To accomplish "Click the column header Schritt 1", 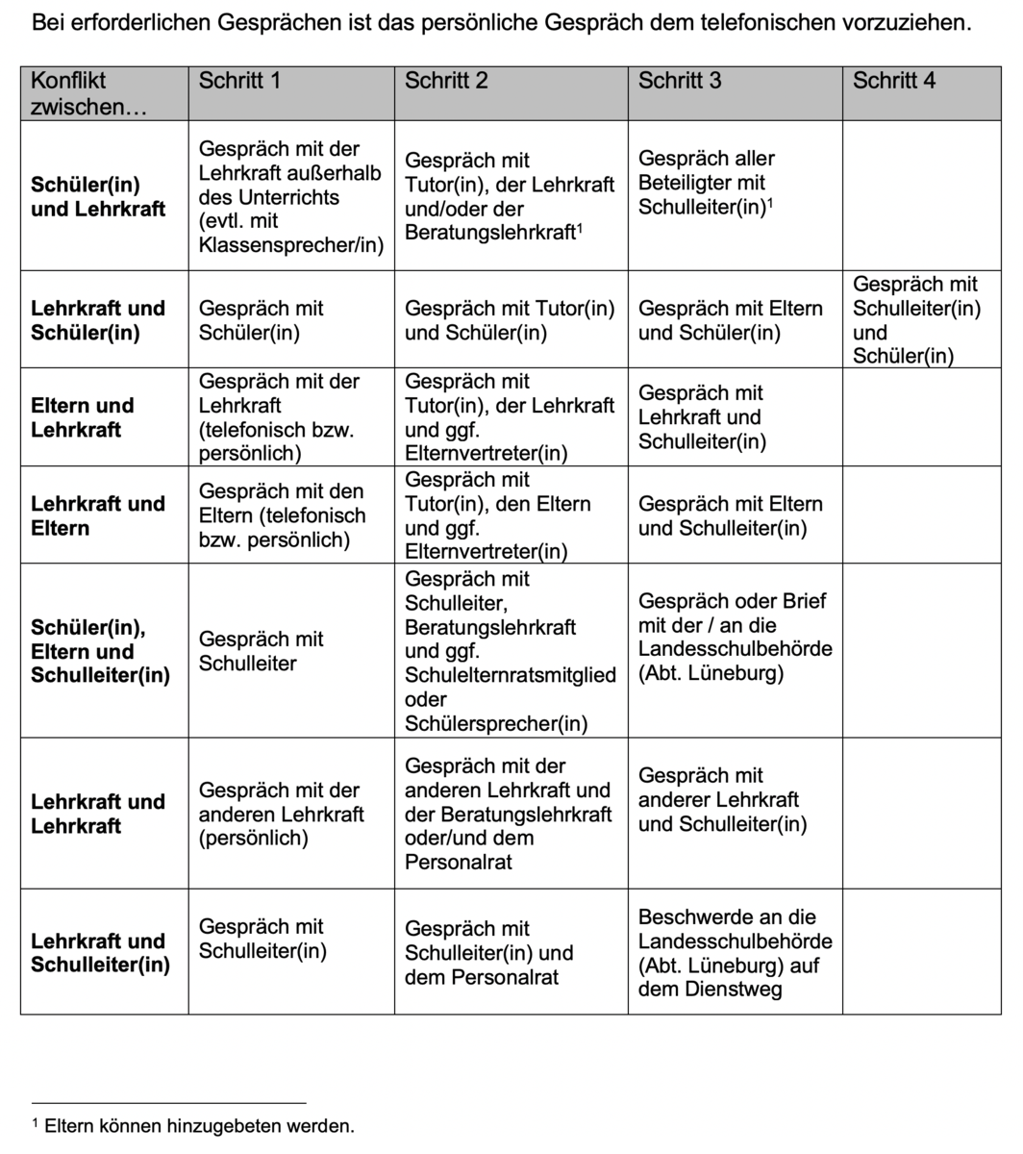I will (x=239, y=81).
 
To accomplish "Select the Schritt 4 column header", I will (x=893, y=81).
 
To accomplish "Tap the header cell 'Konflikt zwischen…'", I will (x=77, y=93).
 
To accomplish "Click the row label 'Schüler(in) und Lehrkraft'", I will (x=98, y=197).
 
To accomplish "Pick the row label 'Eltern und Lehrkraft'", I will (x=83, y=417).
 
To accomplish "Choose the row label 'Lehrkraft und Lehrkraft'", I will (x=98, y=814).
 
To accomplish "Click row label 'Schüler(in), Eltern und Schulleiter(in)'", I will (x=100, y=651).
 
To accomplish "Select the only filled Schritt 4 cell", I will (x=916, y=320).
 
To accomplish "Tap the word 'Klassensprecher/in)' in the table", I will (x=290, y=245).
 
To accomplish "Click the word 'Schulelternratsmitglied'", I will (x=510, y=676).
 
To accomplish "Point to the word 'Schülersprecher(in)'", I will (x=496, y=724).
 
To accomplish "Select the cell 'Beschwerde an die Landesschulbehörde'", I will (x=735, y=953).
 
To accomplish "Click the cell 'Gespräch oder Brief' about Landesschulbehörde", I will (x=735, y=637).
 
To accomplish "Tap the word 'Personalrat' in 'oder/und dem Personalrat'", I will (x=459, y=862).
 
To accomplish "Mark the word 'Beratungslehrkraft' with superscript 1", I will (x=488, y=233).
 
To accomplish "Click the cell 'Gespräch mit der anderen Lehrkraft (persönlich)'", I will (x=281, y=814).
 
